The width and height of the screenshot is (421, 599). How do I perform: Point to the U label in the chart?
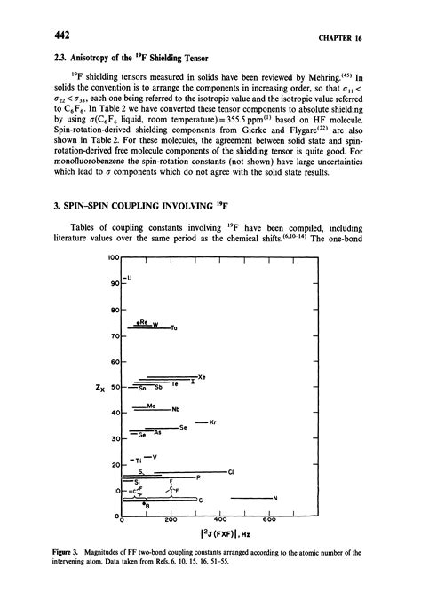click(131, 279)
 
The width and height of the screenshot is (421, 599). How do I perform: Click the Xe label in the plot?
click(203, 377)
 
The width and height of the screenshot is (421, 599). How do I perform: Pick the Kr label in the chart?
click(212, 422)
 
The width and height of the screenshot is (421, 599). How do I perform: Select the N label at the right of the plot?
click(275, 497)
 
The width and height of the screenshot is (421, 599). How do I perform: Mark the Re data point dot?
click(134, 324)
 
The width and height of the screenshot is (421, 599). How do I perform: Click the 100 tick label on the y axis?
click(112, 257)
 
